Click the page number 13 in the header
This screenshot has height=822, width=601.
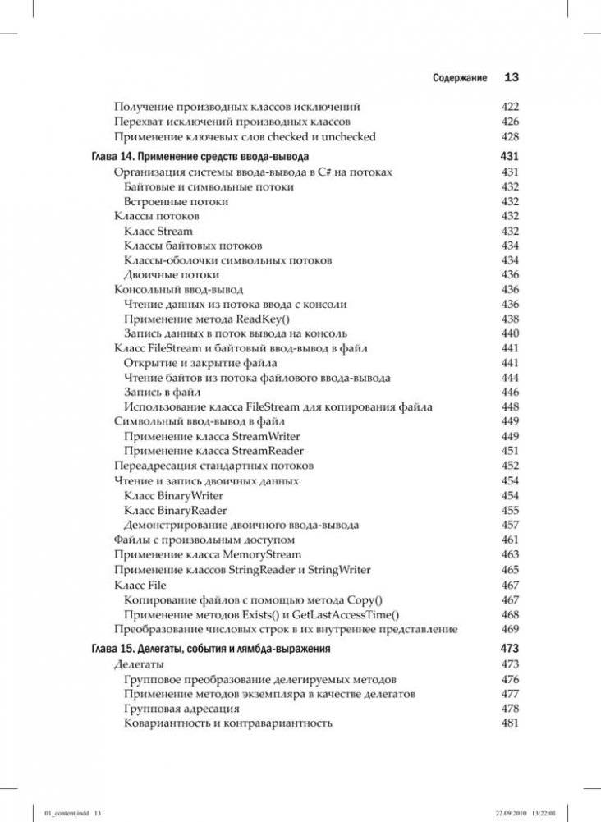pyautogui.click(x=512, y=78)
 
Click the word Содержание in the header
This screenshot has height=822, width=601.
pyautogui.click(x=460, y=79)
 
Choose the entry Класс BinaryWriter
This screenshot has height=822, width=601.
pyautogui.click(x=173, y=496)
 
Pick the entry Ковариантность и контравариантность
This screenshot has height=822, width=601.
pyautogui.click(x=227, y=723)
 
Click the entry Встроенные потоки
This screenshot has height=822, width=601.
pyautogui.click(x=176, y=201)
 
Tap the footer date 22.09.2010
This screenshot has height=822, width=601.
pyautogui.click(x=512, y=811)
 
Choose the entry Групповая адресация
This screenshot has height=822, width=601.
pyautogui.click(x=181, y=709)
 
